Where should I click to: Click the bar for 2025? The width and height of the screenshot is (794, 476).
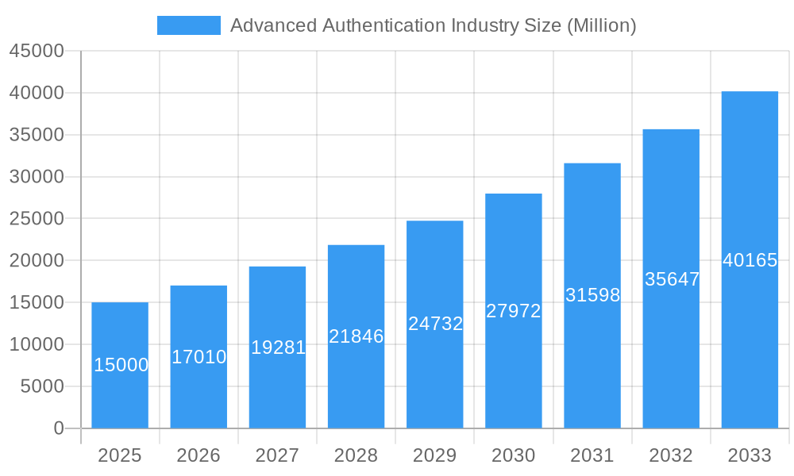click(x=120, y=365)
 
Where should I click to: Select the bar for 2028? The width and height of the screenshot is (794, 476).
click(x=356, y=336)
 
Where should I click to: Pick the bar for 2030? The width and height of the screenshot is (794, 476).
click(x=513, y=311)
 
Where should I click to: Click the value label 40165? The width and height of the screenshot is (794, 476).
click(x=750, y=260)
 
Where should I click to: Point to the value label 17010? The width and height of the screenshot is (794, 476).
click(x=199, y=357)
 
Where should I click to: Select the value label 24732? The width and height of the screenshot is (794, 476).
click(x=435, y=324)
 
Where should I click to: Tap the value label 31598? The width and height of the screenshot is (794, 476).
click(x=592, y=295)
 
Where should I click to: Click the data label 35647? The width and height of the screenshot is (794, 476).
click(x=672, y=279)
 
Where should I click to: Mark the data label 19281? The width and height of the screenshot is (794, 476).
click(x=278, y=347)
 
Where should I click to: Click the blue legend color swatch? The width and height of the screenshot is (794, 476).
click(x=189, y=25)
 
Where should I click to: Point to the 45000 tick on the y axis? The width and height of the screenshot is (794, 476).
click(x=37, y=51)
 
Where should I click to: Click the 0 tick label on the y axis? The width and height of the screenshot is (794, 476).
click(x=59, y=428)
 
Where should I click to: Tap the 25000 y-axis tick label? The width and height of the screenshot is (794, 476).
click(x=37, y=218)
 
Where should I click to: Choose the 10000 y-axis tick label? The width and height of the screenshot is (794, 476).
click(x=37, y=344)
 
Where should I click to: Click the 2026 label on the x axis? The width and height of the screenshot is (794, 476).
click(x=198, y=455)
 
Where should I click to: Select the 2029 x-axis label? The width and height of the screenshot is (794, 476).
click(x=435, y=455)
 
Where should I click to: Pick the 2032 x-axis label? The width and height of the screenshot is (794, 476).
click(x=671, y=455)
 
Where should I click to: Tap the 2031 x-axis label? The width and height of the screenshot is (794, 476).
click(x=592, y=455)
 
